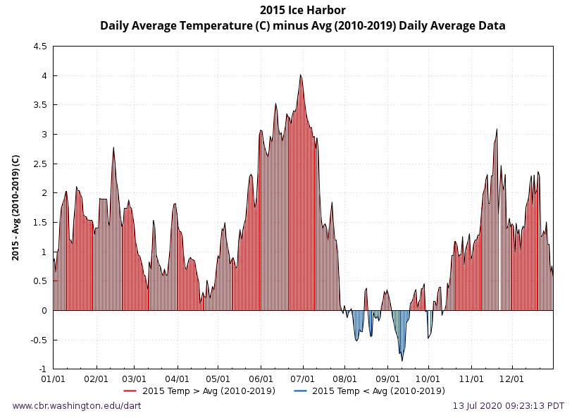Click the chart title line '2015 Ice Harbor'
[302, 10]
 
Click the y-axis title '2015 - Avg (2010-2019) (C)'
[15, 207]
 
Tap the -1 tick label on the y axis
[42, 369]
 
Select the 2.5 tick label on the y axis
[40, 164]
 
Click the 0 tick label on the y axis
[44, 311]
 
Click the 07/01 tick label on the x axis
[302, 379]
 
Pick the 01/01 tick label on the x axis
[54, 379]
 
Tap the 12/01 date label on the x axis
[511, 379]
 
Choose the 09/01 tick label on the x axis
[387, 379]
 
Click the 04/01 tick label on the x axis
[177, 379]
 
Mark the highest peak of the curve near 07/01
[300, 75]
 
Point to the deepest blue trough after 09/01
[402, 360]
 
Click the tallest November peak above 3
[497, 130]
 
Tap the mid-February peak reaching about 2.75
[113, 148]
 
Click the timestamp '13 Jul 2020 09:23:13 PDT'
[508, 406]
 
